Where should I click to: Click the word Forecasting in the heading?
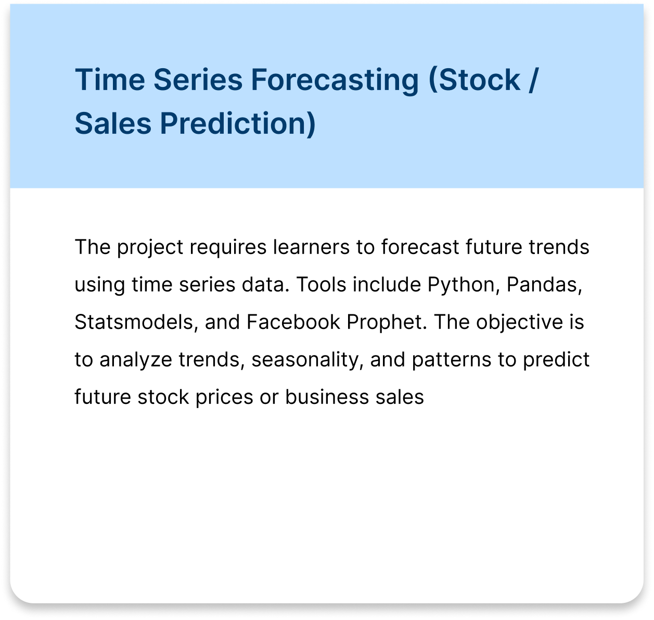335,81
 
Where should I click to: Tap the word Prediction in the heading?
238,124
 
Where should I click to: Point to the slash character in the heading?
533,80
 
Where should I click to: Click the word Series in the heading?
198,80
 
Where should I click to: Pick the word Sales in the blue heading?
113,123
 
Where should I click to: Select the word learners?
311,247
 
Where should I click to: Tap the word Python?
461,286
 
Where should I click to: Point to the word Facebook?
293,322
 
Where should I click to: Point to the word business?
327,397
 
